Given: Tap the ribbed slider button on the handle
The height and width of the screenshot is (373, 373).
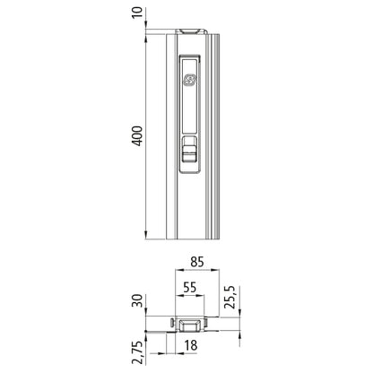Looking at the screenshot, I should coord(189,154).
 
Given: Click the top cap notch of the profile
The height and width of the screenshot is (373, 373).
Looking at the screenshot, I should coord(190,30).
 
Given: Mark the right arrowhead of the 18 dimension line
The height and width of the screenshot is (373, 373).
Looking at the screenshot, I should coord(204,336).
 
